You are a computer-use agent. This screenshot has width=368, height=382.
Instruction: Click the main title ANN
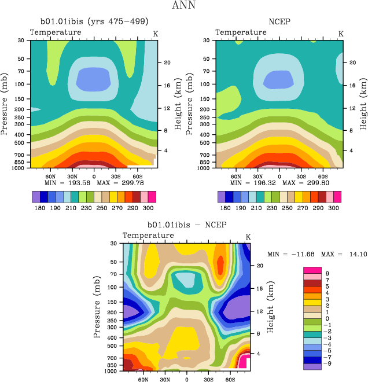pyautogui.click(x=184, y=6)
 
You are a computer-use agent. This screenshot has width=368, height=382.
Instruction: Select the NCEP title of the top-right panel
pyautogui.click(x=279, y=22)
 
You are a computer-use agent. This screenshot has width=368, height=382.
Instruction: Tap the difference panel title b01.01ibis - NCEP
pyautogui.click(x=186, y=225)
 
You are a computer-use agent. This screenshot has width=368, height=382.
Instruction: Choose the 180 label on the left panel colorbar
pyautogui.click(x=39, y=207)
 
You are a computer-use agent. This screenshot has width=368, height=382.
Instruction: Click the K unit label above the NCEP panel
pyautogui.click(x=340, y=34)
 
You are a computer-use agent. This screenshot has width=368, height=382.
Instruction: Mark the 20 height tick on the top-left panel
pyautogui.click(x=166, y=62)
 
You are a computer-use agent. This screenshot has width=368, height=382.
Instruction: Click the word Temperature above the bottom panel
pyautogui.click(x=148, y=236)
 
